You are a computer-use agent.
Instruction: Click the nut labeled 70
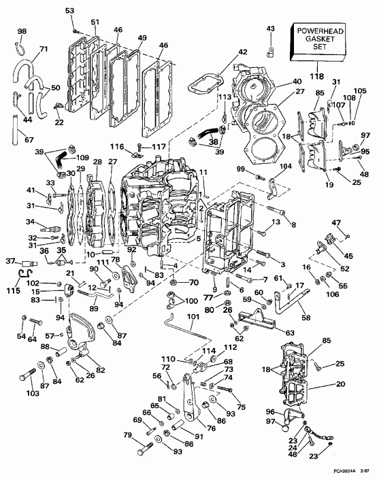174,281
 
